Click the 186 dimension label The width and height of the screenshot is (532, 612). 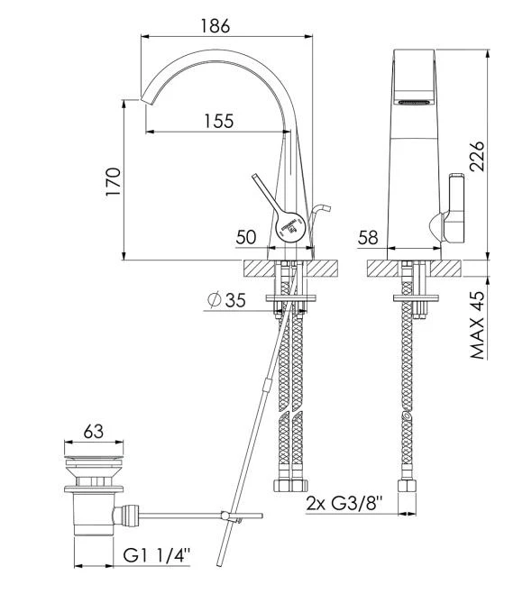pyautogui.click(x=216, y=26)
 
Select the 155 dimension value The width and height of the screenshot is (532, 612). pyautogui.click(x=219, y=121)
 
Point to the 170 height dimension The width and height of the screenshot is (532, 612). pyautogui.click(x=114, y=182)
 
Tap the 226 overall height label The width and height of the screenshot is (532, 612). pyautogui.click(x=477, y=157)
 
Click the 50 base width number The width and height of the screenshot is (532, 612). pyautogui.click(x=246, y=237)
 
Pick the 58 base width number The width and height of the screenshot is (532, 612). pyautogui.click(x=368, y=237)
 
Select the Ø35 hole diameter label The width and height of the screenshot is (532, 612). pyautogui.click(x=226, y=300)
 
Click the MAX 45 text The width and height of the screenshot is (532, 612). pyautogui.click(x=477, y=325)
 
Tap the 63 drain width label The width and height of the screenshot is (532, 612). pyautogui.click(x=94, y=432)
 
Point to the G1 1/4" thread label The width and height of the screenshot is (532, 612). pyautogui.click(x=157, y=555)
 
